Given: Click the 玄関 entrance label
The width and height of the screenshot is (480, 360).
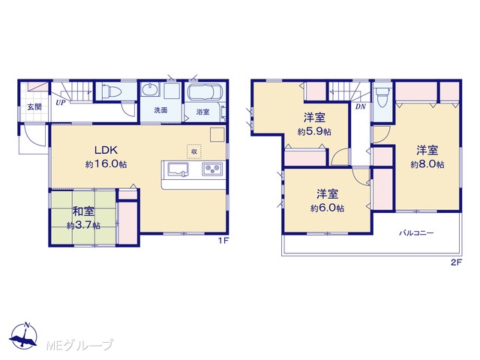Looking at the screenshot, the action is click(x=34, y=106).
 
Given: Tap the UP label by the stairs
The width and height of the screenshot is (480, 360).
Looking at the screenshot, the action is click(x=60, y=103).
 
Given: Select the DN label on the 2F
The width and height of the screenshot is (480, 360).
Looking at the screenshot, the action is click(x=361, y=106).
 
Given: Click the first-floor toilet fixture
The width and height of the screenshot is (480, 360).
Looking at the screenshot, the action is click(x=112, y=91).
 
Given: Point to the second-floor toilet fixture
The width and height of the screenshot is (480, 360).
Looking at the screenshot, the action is click(x=382, y=97).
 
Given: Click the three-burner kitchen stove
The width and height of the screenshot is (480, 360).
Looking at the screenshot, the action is click(x=212, y=169).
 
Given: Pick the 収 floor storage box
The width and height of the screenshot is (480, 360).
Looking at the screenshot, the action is click(x=194, y=151).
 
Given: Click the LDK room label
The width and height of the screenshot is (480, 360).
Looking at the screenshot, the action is click(x=106, y=150).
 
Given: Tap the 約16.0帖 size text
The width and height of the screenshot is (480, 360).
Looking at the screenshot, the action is click(x=106, y=164).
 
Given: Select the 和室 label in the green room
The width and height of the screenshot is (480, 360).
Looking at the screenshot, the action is click(x=83, y=211).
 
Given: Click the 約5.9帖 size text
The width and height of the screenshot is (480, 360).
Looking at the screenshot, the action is click(x=314, y=132).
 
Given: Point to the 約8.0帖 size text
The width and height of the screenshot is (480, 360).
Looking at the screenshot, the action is click(x=427, y=164).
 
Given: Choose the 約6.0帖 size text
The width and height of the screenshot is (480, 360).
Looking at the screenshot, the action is click(x=327, y=208).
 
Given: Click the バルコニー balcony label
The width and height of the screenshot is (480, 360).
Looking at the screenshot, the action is click(x=416, y=233).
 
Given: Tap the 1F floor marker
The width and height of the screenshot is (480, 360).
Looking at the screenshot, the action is click(x=223, y=241).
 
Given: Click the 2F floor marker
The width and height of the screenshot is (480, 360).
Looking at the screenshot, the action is click(x=456, y=262).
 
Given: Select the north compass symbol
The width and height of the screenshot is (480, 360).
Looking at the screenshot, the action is click(x=24, y=335).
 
